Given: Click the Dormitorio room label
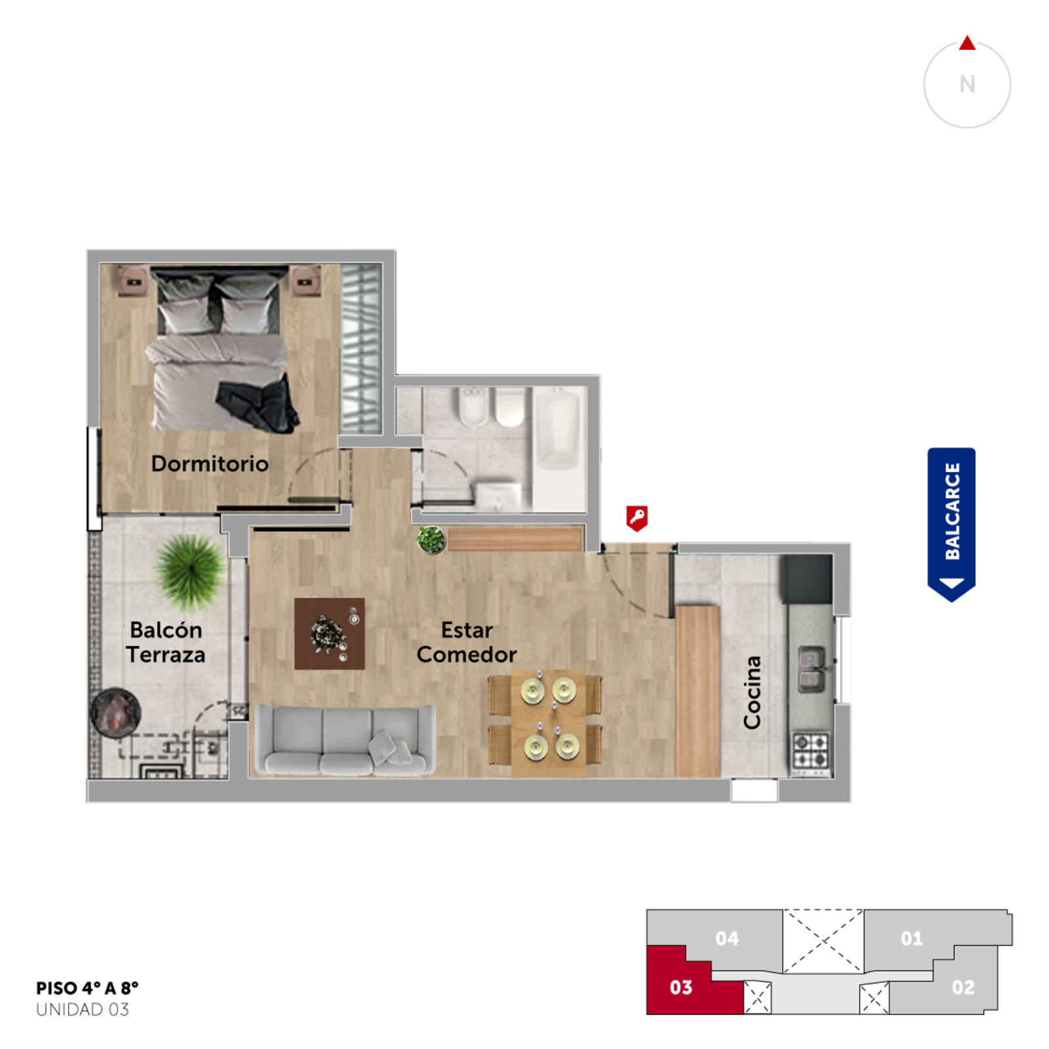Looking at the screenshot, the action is pos(210,464).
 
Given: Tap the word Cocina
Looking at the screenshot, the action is pos(752,692).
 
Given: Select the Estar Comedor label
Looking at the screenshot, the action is pos(466,642).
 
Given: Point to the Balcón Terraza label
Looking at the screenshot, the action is pos(166,642).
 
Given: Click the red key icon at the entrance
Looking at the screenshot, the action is pos(637,518).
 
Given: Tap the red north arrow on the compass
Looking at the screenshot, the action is pos(967,43).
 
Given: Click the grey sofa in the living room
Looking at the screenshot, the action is pos(345,740).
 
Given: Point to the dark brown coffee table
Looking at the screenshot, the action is pos(329,633).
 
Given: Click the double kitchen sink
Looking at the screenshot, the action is pos(812,669).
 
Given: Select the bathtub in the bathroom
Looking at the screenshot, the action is pos(559,431).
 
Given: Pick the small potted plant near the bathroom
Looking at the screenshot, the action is pos(431,540).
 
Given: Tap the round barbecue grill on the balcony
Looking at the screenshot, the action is pos(115,713).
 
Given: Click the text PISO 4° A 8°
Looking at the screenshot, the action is pos(87,988).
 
